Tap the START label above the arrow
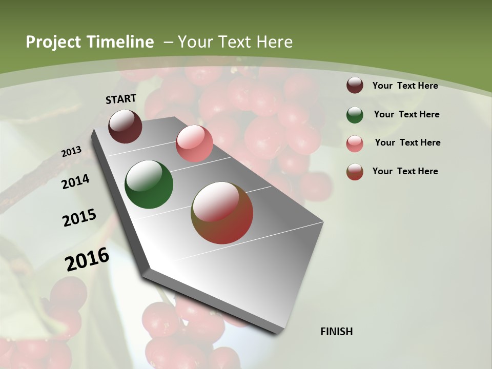tap(121, 99)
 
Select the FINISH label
tap(337, 332)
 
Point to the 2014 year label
tap(76, 181)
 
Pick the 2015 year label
tap(79, 218)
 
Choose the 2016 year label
tap(87, 259)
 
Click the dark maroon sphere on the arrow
tap(125, 126)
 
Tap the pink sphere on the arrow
tap(194, 143)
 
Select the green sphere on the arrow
tap(149, 184)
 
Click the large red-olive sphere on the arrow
tap(222, 213)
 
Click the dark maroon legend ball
tap(355, 85)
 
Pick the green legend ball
tap(355, 114)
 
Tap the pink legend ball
tap(355, 143)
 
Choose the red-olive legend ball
tap(355, 172)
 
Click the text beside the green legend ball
tap(406, 114)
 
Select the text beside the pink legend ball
tap(407, 142)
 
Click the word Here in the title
tap(275, 42)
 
